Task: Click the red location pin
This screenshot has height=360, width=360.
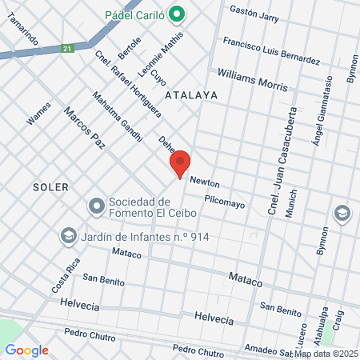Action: [x=181, y=163]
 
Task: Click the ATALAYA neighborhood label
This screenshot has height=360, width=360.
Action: [x=190, y=94]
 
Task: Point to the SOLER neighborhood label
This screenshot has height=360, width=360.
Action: [x=51, y=186]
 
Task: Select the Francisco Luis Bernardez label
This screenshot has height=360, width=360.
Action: [x=271, y=50]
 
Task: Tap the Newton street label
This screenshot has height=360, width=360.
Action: [x=204, y=183]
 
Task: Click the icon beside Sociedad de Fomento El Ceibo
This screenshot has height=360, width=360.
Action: [x=97, y=206]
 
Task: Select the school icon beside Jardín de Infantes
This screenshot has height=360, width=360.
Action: [x=68, y=236]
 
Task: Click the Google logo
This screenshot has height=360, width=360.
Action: [x=26, y=350]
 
